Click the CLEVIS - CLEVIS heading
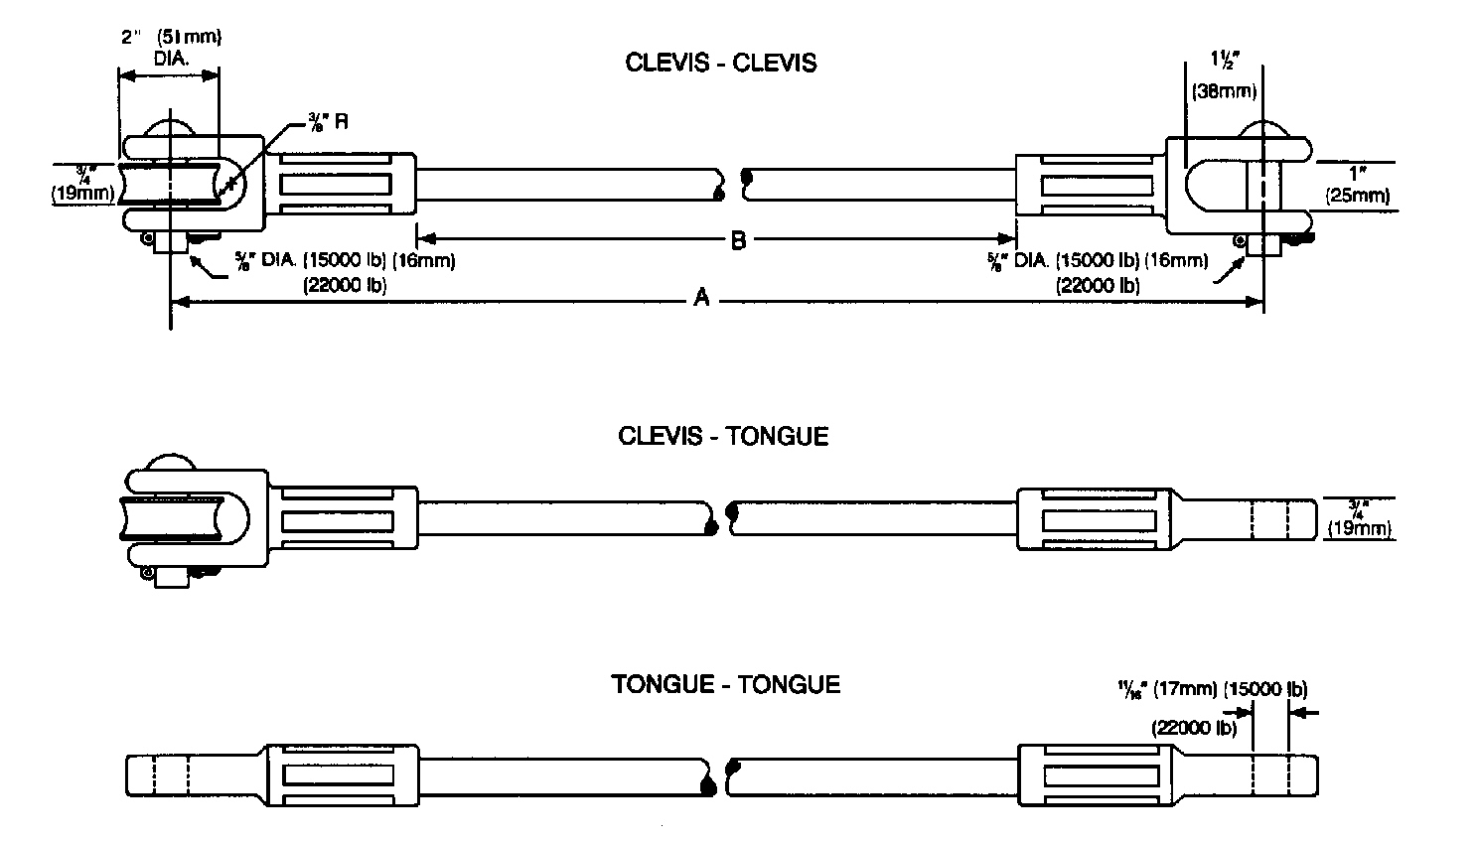pyautogui.click(x=720, y=64)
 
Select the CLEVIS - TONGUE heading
pyautogui.click(x=722, y=436)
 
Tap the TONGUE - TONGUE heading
pyautogui.click(x=725, y=684)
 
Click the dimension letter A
pyautogui.click(x=701, y=297)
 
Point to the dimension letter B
pyautogui.click(x=738, y=240)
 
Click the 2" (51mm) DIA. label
pyautogui.click(x=170, y=48)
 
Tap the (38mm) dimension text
pyautogui.click(x=1224, y=92)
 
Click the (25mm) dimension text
pyautogui.click(x=1358, y=196)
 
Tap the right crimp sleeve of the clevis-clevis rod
pyautogui.click(x=1089, y=185)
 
